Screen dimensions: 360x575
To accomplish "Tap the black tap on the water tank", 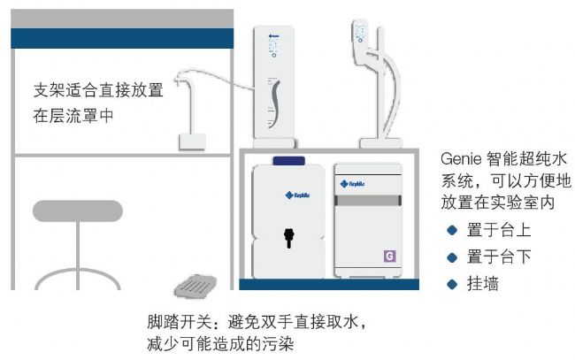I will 288,236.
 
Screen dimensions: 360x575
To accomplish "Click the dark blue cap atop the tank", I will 288,160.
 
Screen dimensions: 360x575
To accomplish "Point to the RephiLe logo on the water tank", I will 288,195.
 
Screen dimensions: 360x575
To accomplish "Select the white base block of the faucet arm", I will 192,141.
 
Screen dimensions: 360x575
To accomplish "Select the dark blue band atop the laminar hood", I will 122,38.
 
